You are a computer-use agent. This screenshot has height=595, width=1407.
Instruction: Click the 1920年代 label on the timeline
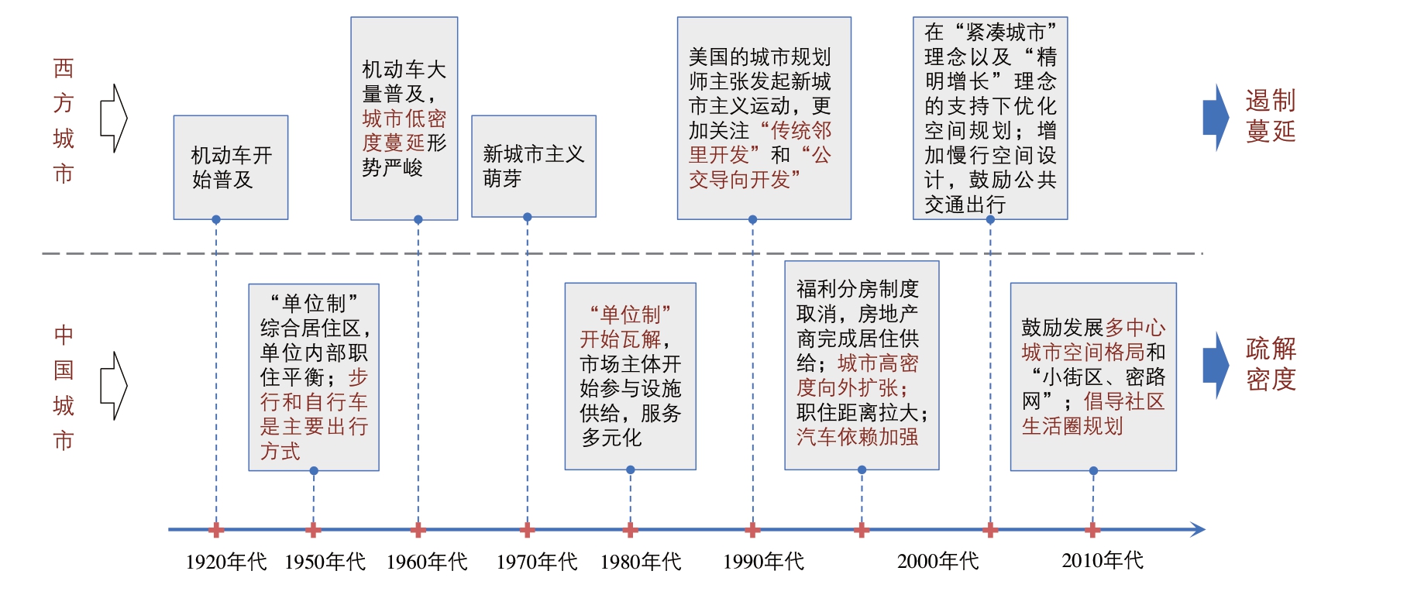pyautogui.click(x=225, y=561)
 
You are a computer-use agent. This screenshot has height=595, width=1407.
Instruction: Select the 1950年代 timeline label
pyautogui.click(x=325, y=561)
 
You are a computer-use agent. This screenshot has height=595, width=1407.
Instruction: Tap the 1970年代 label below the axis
pyautogui.click(x=537, y=561)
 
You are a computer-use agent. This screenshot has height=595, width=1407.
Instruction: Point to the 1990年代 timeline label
pyautogui.click(x=763, y=561)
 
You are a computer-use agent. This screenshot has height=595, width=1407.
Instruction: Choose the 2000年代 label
pyautogui.click(x=937, y=561)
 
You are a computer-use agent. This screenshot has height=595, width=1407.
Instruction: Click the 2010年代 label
pyautogui.click(x=1102, y=560)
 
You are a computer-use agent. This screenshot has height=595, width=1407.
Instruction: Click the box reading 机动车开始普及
pyautogui.click(x=231, y=167)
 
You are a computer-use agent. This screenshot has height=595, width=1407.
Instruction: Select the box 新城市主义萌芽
pyautogui.click(x=533, y=166)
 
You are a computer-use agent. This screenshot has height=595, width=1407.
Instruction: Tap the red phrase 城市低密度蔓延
pyautogui.click(x=404, y=130)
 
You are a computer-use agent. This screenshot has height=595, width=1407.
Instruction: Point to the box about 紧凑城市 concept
pyautogui.click(x=989, y=118)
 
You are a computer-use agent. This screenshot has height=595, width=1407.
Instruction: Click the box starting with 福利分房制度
pyautogui.click(x=861, y=365)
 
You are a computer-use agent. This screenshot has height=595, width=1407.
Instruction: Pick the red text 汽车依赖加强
pyautogui.click(x=857, y=437)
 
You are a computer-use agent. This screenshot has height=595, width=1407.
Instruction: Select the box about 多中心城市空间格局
pyautogui.click(x=1092, y=377)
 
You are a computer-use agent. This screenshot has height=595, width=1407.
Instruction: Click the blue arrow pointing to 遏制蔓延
pyautogui.click(x=1215, y=117)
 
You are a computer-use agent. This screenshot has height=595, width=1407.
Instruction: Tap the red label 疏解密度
pyautogui.click(x=1270, y=364)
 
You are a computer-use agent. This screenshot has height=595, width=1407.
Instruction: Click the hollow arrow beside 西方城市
pyautogui.click(x=114, y=118)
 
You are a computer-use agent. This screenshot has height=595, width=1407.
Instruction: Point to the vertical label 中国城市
pyautogui.click(x=64, y=387)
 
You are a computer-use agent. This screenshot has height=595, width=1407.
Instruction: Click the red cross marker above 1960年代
pyautogui.click(x=418, y=530)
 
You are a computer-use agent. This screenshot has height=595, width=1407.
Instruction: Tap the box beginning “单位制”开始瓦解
pyautogui.click(x=630, y=376)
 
